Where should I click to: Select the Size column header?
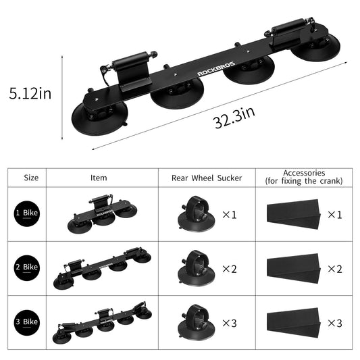[x=31, y=178]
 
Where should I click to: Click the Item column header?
[x=99, y=178]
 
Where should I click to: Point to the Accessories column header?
[x=304, y=177]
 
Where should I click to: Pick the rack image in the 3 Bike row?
[x=101, y=322]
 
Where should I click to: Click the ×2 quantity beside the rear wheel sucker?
[x=231, y=268]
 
